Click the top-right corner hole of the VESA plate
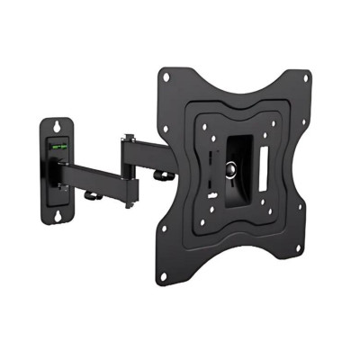[304, 78]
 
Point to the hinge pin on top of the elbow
[130, 138]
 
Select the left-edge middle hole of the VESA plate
[176, 175]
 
